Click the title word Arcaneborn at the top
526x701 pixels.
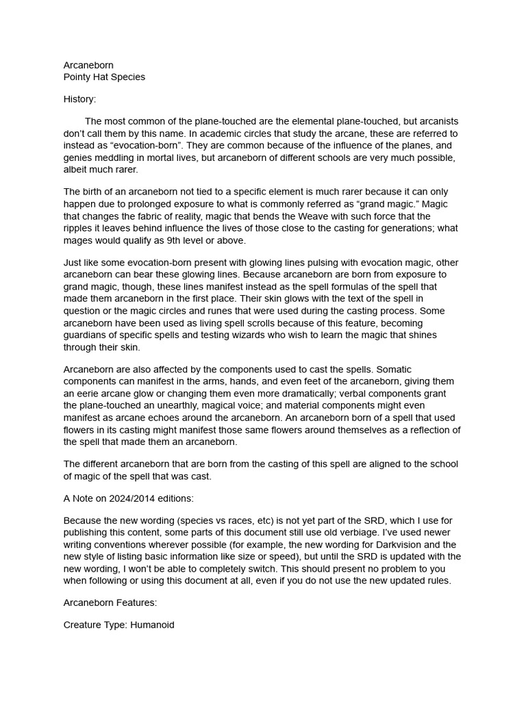point(88,65)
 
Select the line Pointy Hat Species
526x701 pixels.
point(104,77)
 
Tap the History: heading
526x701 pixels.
point(79,99)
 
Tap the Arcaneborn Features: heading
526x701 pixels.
point(110,603)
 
